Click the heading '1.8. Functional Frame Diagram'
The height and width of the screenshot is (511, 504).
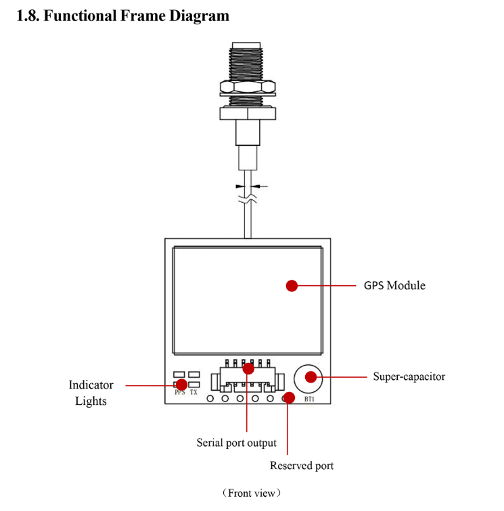coord(122,15)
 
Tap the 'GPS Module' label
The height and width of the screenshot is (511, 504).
coord(394,285)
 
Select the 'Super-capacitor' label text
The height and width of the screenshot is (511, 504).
coord(409,376)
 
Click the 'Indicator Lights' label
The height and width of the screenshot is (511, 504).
coord(91,393)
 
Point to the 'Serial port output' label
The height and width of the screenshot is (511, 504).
coord(236,443)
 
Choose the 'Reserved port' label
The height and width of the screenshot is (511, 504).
coord(301,466)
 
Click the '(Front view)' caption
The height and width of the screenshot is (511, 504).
coord(250,493)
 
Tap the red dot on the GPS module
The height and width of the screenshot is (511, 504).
coord(292,285)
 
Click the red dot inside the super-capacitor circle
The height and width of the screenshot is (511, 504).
coord(311,376)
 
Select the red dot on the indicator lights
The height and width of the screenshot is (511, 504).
coord(181,385)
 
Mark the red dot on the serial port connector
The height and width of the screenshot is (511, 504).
coord(248,368)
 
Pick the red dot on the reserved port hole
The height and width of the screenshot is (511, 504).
coord(288,397)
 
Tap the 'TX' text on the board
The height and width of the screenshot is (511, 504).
coord(193,392)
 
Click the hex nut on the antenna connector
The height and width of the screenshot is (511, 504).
coord(247,87)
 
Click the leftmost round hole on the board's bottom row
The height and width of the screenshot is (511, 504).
coord(210,398)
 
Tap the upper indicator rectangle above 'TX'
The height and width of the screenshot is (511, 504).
coord(194,374)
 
